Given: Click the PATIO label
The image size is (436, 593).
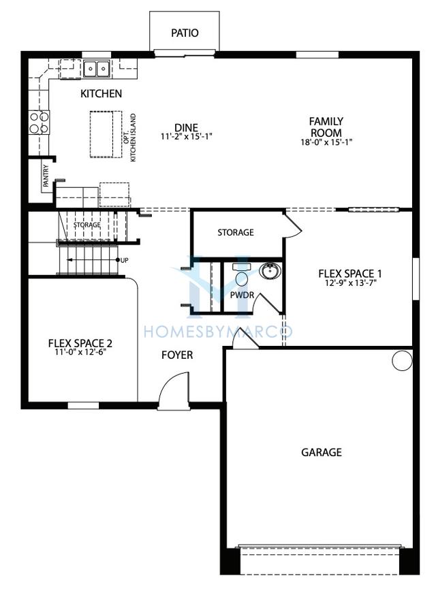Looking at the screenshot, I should pyautogui.click(x=185, y=33).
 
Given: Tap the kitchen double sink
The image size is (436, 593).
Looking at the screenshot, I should pyautogui.click(x=97, y=68).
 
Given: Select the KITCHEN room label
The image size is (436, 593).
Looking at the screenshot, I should pyautogui.click(x=102, y=93).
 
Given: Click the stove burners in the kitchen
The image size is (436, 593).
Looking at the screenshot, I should pyautogui.click(x=39, y=122).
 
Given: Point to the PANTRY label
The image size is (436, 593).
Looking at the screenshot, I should pyautogui.click(x=46, y=176).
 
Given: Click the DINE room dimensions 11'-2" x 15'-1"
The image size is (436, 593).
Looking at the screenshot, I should pyautogui.click(x=186, y=136).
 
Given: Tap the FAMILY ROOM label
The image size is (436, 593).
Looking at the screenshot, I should pyautogui.click(x=326, y=127).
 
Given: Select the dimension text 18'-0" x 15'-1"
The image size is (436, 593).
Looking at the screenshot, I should pyautogui.click(x=326, y=142).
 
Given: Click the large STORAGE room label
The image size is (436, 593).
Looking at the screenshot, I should pyautogui.click(x=236, y=232).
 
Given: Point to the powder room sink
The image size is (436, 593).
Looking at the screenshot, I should pyautogui.click(x=268, y=272).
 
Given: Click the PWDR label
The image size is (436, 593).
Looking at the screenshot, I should pyautogui.click(x=241, y=295).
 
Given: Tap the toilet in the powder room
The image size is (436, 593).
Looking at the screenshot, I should pyautogui.click(x=241, y=277).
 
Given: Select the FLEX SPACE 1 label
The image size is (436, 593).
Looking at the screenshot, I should pyautogui.click(x=350, y=274).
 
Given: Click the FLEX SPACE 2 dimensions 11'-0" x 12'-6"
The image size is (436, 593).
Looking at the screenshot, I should pyautogui.click(x=81, y=353).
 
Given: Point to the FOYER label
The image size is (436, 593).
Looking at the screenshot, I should pyautogui.click(x=176, y=355).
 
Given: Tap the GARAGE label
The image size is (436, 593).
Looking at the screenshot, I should pyautogui.click(x=321, y=451).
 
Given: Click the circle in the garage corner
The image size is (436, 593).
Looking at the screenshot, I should pyautogui.click(x=402, y=360).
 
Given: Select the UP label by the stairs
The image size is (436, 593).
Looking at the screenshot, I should pyautogui.click(x=125, y=260).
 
